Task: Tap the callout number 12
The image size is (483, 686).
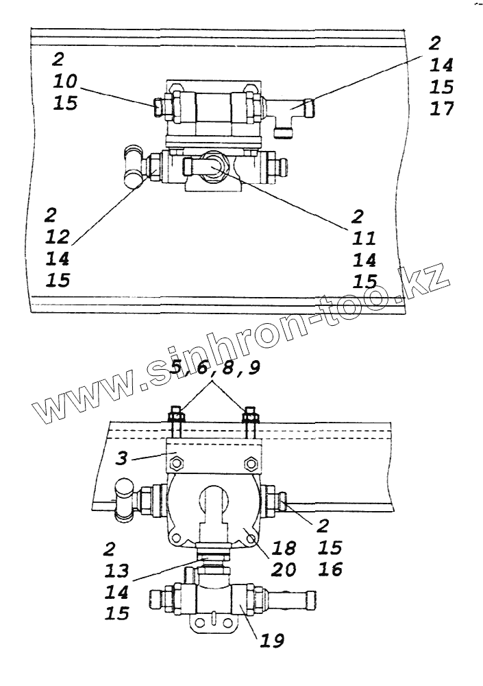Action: point(60,237)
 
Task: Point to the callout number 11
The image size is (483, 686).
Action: point(365,237)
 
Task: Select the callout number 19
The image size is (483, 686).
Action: point(271,640)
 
